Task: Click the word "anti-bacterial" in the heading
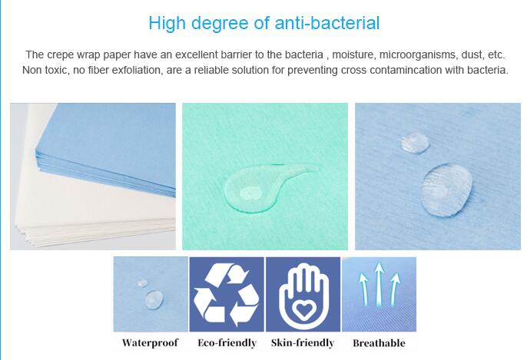(327, 23)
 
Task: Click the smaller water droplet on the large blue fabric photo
(415, 143)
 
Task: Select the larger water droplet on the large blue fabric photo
(446, 190)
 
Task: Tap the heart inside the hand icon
(303, 309)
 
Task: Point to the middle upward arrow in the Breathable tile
(380, 284)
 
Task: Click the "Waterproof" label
(150, 343)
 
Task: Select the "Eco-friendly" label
(227, 343)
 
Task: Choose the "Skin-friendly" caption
(303, 343)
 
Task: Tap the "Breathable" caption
(379, 343)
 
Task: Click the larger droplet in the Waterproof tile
(154, 299)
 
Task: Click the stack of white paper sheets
(84, 208)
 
